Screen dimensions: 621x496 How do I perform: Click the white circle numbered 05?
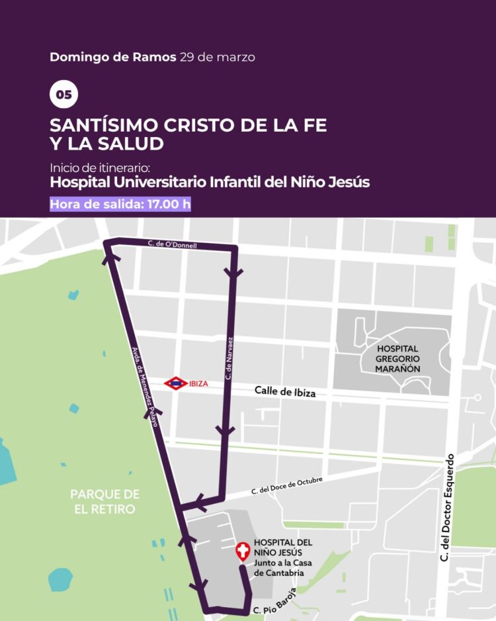pos(63,95)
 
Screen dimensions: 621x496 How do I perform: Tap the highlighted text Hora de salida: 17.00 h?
pos(120,204)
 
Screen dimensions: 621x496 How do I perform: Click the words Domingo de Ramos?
pos(112,57)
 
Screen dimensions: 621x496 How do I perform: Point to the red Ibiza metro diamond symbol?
pos(175,383)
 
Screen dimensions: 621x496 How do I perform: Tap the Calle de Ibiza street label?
pos(285,392)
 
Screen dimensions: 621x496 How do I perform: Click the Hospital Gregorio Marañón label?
pos(398,358)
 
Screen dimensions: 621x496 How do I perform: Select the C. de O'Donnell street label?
pos(173,245)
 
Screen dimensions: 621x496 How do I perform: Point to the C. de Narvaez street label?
pos(228,358)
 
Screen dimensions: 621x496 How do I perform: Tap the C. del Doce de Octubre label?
pos(286,487)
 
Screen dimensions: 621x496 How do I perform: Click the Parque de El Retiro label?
pos(104,501)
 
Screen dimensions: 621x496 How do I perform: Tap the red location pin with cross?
pos(243,550)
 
